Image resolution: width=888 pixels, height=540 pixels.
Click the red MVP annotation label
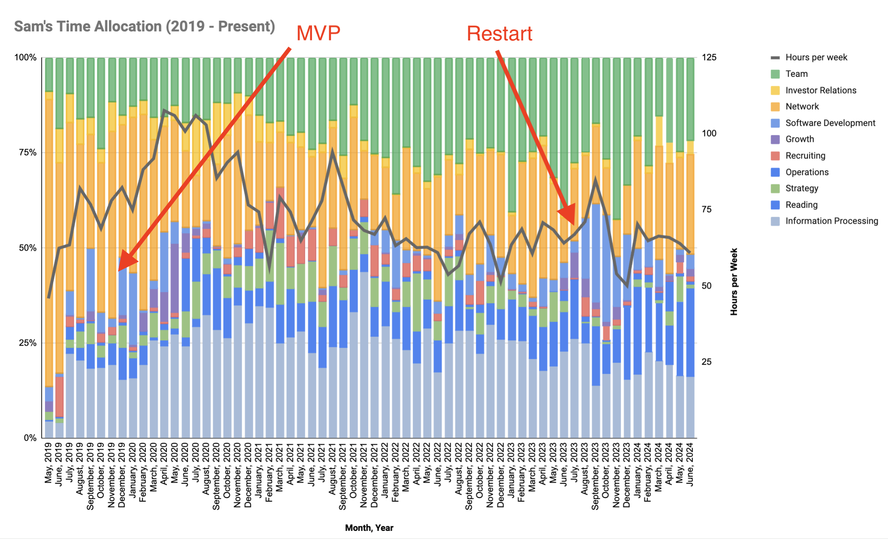(x=318, y=33)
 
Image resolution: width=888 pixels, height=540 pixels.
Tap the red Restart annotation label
(x=499, y=34)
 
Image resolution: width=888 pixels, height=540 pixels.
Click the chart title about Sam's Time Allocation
(x=144, y=26)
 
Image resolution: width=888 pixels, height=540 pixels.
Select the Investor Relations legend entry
(x=820, y=90)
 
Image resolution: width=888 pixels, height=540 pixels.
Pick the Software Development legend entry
(x=830, y=123)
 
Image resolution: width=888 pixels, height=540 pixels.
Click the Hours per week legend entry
(x=816, y=57)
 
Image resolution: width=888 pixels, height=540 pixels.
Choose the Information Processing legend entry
(x=831, y=221)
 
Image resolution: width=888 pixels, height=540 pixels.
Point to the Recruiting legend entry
(x=805, y=156)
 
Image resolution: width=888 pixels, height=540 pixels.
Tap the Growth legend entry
(x=799, y=139)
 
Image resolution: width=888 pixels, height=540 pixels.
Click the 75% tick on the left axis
(x=28, y=153)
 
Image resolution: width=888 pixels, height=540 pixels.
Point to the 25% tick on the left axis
(x=28, y=343)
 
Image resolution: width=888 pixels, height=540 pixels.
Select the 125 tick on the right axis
(x=709, y=57)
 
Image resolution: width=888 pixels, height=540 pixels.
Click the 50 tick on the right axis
(x=706, y=286)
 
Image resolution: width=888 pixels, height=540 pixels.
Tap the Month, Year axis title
(x=369, y=528)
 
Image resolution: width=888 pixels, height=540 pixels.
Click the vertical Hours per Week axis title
(x=734, y=282)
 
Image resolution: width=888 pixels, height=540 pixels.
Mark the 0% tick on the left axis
(x=30, y=438)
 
